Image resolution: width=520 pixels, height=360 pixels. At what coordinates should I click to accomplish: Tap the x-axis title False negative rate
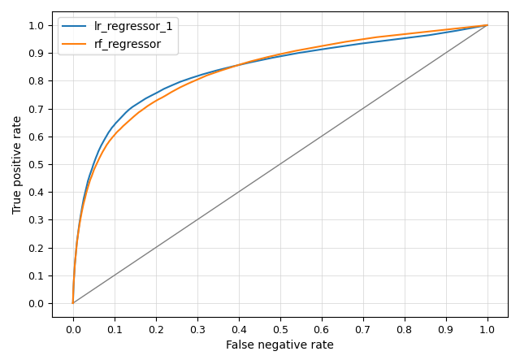pyautogui.click(x=279, y=345)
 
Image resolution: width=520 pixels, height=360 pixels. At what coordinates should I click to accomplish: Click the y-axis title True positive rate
pyautogui.click(x=17, y=164)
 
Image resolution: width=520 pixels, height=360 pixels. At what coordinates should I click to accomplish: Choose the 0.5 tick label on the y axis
pyautogui.click(x=36, y=164)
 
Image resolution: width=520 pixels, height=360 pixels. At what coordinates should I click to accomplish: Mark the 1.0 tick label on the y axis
pyautogui.click(x=36, y=25)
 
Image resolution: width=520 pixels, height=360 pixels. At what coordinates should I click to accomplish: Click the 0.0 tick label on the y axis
pyautogui.click(x=36, y=303)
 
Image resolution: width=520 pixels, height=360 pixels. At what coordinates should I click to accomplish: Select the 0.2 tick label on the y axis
pyautogui.click(x=36, y=248)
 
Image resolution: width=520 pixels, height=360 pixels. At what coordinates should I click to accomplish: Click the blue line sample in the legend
pyautogui.click(x=74, y=26)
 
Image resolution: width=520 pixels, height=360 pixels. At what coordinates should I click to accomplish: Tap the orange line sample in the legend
pyautogui.click(x=74, y=44)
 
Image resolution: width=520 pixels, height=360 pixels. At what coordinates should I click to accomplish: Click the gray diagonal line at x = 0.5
pyautogui.click(x=280, y=164)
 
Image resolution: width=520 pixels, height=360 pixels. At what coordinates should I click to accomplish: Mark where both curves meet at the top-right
pyautogui.click(x=487, y=25)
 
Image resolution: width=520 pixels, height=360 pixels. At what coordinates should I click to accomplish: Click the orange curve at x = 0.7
pyautogui.click(x=363, y=39)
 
